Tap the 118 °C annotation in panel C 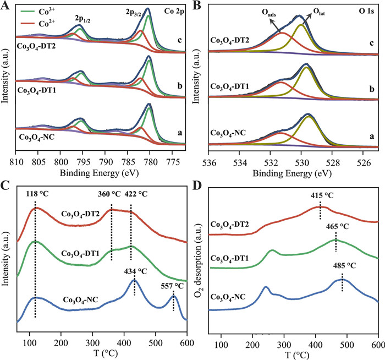point(36,195)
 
